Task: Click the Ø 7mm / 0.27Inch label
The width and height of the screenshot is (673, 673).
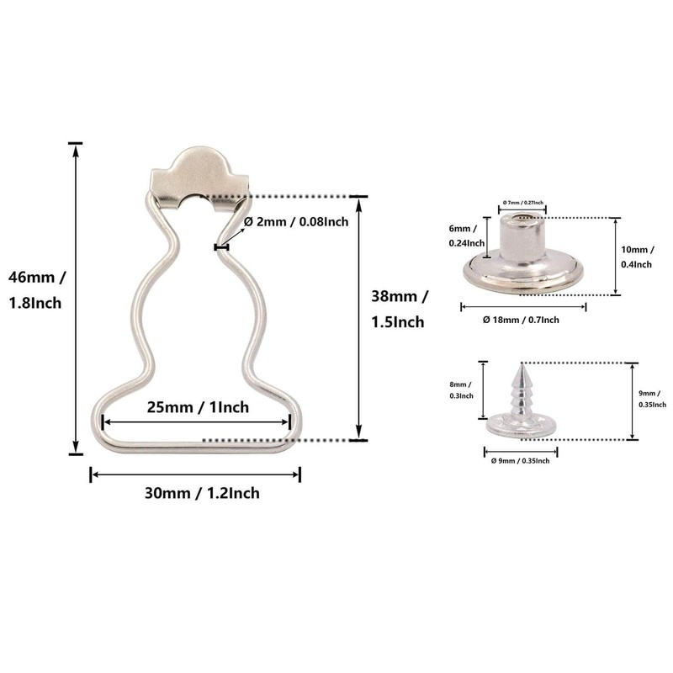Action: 522,203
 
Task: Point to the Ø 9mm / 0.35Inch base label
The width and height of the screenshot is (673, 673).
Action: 521,460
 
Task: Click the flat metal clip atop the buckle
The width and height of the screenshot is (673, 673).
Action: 200,178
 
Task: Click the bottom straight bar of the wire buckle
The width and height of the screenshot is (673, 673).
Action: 195,442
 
